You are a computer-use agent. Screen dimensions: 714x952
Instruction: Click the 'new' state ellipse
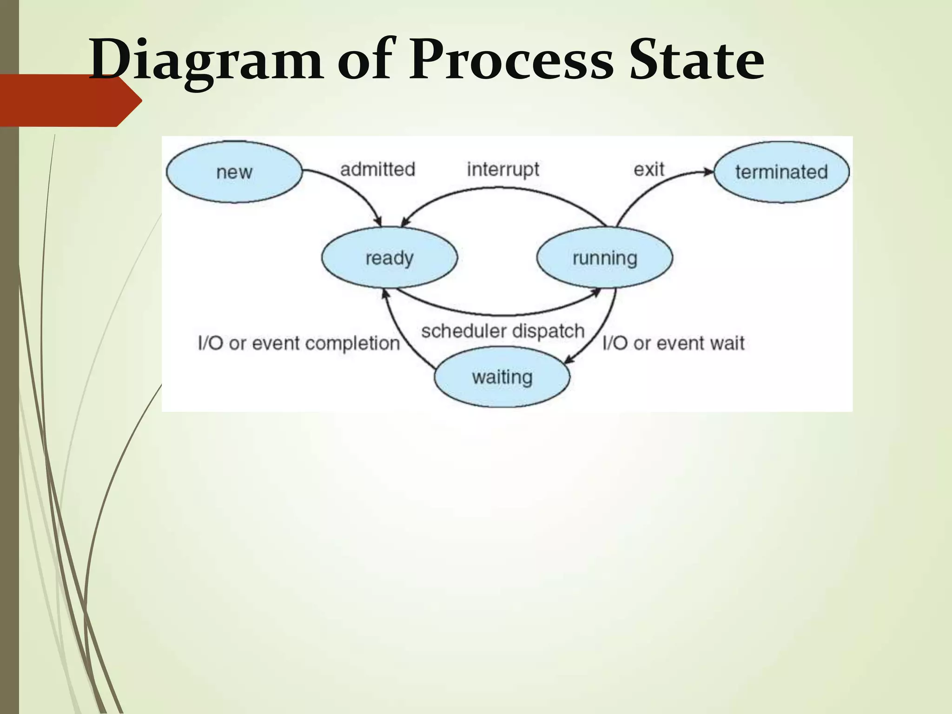tap(234, 172)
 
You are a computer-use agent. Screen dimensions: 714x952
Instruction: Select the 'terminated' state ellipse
tap(781, 172)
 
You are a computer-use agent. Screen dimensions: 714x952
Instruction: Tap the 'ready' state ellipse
tap(390, 258)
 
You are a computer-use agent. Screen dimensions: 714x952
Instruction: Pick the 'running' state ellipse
tap(604, 258)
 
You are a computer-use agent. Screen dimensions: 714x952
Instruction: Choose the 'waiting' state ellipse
tap(502, 377)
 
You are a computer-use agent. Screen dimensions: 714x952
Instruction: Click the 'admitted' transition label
tap(377, 169)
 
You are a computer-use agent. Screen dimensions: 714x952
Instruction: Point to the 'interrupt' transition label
tap(503, 169)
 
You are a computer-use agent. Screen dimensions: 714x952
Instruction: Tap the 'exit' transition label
tap(649, 169)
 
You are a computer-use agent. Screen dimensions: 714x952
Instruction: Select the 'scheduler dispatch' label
tap(502, 331)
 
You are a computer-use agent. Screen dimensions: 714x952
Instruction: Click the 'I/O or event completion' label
tap(299, 344)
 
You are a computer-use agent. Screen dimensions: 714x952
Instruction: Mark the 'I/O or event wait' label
tap(673, 344)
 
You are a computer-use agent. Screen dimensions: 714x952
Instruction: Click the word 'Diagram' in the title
tap(205, 60)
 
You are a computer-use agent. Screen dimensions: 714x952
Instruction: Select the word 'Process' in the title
tap(511, 60)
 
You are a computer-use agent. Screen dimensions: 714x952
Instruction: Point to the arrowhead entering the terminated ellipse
tap(707, 172)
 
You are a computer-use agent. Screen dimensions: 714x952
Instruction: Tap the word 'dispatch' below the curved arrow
tap(548, 331)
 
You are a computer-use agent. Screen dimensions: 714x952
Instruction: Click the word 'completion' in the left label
tap(352, 344)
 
